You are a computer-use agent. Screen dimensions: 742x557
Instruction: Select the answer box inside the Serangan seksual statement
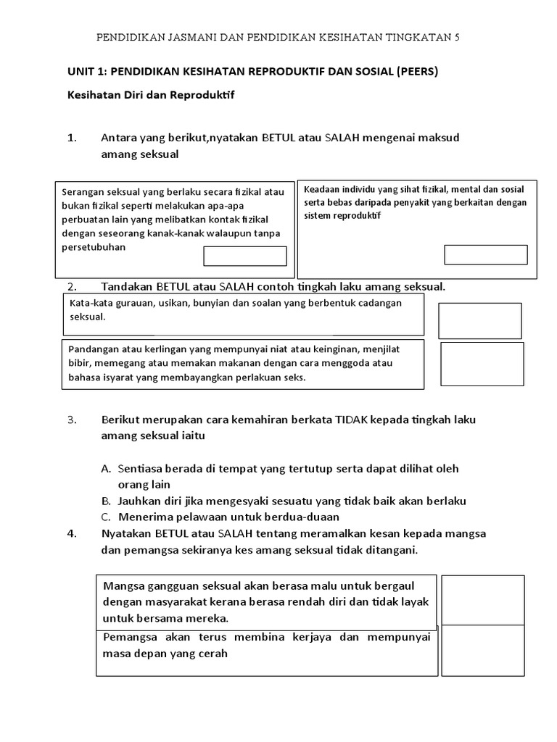tap(245, 256)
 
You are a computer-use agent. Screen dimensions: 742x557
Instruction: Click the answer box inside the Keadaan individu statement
tap(485, 254)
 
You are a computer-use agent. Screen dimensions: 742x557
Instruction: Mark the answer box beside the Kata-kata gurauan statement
tap(479, 320)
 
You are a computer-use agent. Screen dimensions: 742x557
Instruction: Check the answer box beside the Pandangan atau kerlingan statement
tap(482, 364)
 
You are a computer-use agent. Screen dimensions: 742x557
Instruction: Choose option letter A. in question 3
tap(106, 469)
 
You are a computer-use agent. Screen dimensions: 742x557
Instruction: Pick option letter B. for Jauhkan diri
tap(106, 501)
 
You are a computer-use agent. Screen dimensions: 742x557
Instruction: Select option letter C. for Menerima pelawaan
tap(106, 517)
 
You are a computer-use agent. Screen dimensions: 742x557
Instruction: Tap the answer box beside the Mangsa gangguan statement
tap(482, 600)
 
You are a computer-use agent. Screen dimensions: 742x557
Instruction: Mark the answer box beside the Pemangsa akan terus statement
tap(482, 650)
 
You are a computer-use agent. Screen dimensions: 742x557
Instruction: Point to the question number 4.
tap(72, 533)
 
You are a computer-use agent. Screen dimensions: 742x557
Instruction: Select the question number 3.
tap(72, 420)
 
